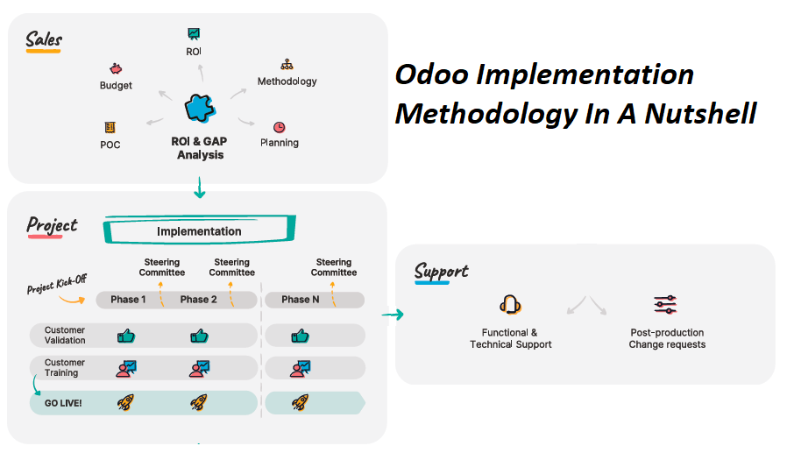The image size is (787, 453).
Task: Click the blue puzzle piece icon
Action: point(201,108)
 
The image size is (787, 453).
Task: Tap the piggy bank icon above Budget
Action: point(116,68)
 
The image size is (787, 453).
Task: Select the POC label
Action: point(110,145)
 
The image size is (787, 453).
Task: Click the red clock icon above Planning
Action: point(279,127)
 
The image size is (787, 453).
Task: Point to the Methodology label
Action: point(287,81)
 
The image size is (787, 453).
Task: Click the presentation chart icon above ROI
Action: point(194,34)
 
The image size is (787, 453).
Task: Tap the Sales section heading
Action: point(44,39)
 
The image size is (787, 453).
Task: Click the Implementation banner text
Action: point(199,231)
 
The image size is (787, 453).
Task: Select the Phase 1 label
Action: point(128,300)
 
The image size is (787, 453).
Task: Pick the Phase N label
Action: point(300,300)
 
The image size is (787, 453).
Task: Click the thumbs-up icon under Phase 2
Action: point(199,336)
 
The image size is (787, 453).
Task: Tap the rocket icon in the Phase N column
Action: point(300,402)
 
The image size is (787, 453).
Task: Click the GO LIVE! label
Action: point(63,403)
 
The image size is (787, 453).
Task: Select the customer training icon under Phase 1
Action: point(126,369)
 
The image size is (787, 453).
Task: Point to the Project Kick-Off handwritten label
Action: point(57,284)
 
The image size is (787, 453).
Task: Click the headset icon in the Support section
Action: point(510,305)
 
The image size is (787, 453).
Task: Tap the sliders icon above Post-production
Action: point(665,305)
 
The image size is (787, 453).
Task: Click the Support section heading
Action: point(441,272)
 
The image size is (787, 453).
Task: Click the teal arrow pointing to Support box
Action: point(393,315)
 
